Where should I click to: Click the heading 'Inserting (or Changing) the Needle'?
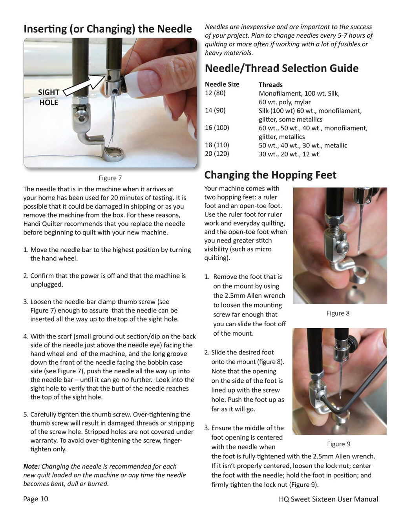108,29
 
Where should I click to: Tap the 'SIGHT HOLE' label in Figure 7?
48,97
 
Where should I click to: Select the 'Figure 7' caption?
110,178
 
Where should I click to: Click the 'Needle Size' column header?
222,84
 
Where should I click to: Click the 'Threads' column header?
270,85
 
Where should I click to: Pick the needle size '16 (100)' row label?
217,128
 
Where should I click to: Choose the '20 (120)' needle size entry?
217,154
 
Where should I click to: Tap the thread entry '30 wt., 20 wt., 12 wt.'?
289,154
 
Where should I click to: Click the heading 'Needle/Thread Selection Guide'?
281,68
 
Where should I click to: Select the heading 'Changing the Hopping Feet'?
270,175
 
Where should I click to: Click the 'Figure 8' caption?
338,313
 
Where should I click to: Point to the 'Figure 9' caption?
338,444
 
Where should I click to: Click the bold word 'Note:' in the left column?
31,467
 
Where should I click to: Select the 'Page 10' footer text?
36,499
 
